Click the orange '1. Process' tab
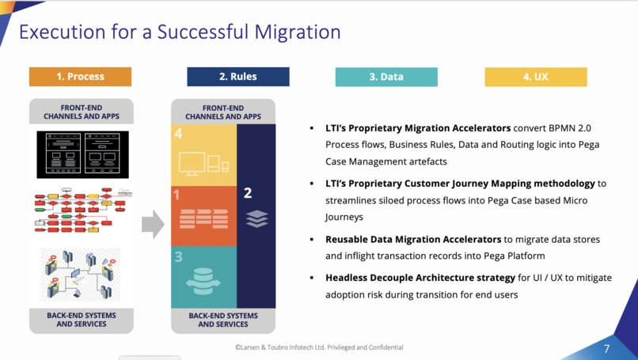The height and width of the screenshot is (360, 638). coord(80,77)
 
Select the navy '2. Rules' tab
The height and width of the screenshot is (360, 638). coord(237,77)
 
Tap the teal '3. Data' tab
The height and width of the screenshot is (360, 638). coord(386,77)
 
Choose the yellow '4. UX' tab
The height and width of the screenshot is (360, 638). coord(535,77)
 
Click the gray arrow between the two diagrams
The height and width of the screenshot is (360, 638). coord(152,225)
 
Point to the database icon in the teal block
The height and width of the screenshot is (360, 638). coord(203,281)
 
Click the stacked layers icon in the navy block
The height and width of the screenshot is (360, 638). coord(256,218)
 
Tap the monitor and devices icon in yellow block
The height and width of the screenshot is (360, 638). coord(203,163)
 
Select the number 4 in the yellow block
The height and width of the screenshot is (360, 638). coord(179,134)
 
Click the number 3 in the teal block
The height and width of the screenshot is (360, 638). coord(179,257)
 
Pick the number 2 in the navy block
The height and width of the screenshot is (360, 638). coord(248,193)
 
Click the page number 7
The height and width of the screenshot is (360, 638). coord(606,349)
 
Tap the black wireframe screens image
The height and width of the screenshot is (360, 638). coord(82,154)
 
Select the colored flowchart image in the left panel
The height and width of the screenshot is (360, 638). coord(82,210)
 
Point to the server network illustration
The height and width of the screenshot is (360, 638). coord(81,274)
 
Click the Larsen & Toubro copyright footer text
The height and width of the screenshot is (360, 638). coord(319,347)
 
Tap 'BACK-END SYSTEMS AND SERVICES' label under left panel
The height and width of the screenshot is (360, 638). coord(81,320)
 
